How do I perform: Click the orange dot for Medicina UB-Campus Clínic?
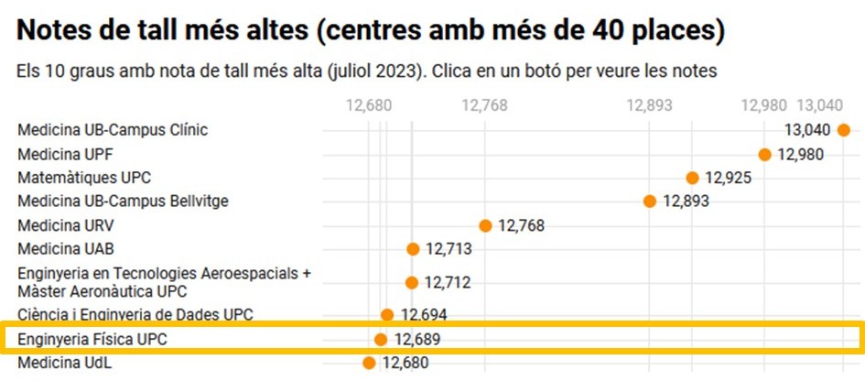coord(843,130)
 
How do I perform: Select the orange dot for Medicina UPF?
coord(764,154)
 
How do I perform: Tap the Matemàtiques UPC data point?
coord(692,178)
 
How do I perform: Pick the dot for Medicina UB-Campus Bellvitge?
coord(650,201)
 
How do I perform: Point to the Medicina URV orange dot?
coord(485,225)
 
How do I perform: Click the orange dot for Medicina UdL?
coord(369,363)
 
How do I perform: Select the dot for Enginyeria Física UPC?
coord(381,340)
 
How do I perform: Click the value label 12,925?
coord(728,178)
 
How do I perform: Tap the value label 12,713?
coord(449,249)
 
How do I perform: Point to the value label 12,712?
coord(448,283)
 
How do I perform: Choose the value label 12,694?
coord(424,315)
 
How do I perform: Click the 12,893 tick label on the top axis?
coord(650,105)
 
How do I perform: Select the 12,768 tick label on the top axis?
coord(485,105)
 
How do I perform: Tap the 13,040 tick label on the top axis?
coord(820,105)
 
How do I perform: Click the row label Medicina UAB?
coord(66,249)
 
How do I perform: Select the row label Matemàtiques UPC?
coord(84,178)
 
